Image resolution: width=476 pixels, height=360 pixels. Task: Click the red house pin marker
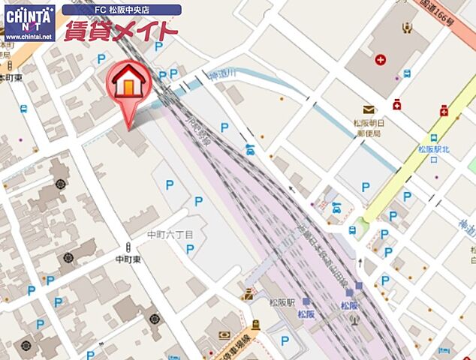pos(130,84)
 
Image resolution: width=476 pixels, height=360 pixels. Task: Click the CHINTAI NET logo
pos(29,16)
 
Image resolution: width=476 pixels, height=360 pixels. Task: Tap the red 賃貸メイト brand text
pos(121,31)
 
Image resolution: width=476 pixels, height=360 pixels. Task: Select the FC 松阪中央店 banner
pos(121,10)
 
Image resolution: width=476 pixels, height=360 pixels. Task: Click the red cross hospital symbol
pos(382,58)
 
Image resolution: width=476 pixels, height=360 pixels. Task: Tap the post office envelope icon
pos(368,109)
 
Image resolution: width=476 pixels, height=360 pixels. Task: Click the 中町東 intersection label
pos(128,259)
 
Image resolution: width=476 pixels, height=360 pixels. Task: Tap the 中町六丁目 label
pos(170,235)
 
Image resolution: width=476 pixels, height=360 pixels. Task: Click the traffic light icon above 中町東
pos(128,247)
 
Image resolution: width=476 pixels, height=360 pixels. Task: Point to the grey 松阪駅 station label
pos(282,302)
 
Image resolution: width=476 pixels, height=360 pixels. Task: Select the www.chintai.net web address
pos(29,36)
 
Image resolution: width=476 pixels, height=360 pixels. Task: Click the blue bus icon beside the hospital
pos(407,73)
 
